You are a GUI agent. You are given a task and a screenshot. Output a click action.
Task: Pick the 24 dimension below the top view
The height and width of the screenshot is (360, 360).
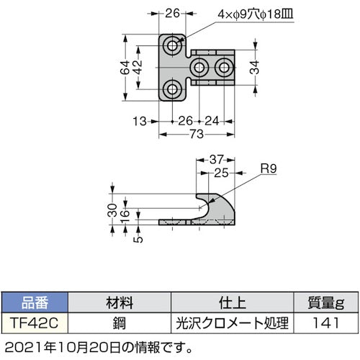click(211, 120)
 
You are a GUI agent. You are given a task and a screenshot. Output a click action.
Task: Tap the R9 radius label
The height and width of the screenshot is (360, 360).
click(266, 170)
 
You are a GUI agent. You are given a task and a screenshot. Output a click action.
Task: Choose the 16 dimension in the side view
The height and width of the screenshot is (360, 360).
click(125, 215)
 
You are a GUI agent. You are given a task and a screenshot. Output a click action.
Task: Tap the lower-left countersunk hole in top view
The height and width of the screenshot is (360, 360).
click(172, 90)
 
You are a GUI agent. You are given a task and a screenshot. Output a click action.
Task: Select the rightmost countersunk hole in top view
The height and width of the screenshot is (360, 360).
click(225, 68)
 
